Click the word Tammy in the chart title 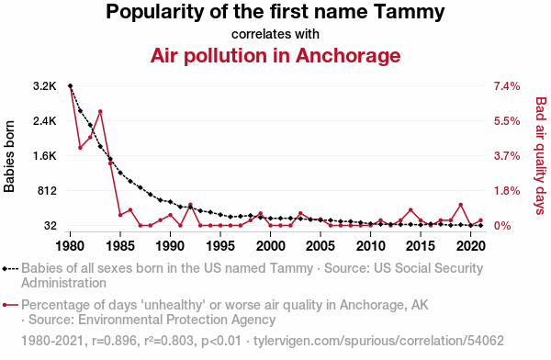409,12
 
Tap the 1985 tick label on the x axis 120,246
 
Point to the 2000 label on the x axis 270,246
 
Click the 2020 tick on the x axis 470,246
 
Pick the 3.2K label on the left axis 45,86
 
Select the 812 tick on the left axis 47,191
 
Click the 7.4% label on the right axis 507,86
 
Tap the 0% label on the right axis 502,226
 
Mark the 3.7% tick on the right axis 507,156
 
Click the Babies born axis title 9,156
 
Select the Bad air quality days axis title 541,156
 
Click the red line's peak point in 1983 100,111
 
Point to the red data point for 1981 80,148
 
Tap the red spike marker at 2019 461,205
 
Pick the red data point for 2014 410,210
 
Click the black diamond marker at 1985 120,173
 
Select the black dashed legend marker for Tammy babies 10,269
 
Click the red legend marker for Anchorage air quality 10,305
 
